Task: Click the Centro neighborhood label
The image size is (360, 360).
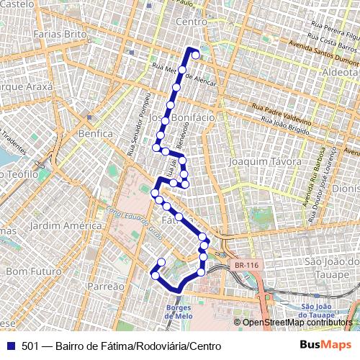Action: (x=192, y=22)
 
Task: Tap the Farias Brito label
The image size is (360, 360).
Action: (x=56, y=34)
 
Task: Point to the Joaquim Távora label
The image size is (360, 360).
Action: (x=264, y=162)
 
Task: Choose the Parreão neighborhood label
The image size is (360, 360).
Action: (x=106, y=286)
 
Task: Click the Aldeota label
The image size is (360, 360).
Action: (x=341, y=73)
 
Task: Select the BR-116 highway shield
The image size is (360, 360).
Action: (x=246, y=265)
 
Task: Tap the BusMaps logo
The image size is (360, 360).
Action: (x=326, y=345)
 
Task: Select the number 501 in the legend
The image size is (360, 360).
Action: (x=30, y=346)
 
